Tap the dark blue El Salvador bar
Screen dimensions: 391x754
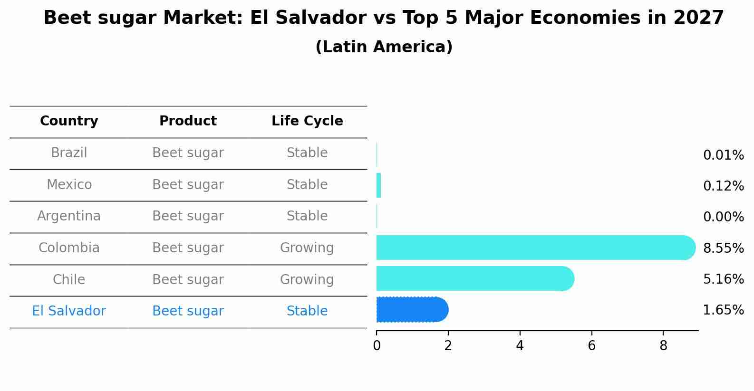click(x=412, y=310)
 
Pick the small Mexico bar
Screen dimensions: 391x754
click(x=379, y=185)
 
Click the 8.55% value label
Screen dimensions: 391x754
click(x=723, y=248)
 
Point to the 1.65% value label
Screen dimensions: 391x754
click(x=723, y=310)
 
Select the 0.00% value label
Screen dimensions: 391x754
click(x=723, y=217)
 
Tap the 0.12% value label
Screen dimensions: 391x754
click(x=723, y=186)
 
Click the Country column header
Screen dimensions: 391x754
click(x=69, y=121)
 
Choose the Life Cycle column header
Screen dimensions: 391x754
click(x=307, y=121)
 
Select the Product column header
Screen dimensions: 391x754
click(x=188, y=121)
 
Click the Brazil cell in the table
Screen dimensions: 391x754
click(x=69, y=153)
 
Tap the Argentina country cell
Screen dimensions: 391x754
click(x=69, y=216)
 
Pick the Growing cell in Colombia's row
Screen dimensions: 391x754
click(x=307, y=248)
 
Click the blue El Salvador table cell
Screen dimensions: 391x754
click(x=69, y=311)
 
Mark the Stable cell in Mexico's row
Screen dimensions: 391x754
click(x=307, y=185)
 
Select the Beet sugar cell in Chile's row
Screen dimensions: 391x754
click(x=188, y=280)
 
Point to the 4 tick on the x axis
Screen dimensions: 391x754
click(x=520, y=346)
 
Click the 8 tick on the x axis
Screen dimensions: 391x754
click(x=663, y=346)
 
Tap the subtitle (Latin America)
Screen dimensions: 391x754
click(x=384, y=47)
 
